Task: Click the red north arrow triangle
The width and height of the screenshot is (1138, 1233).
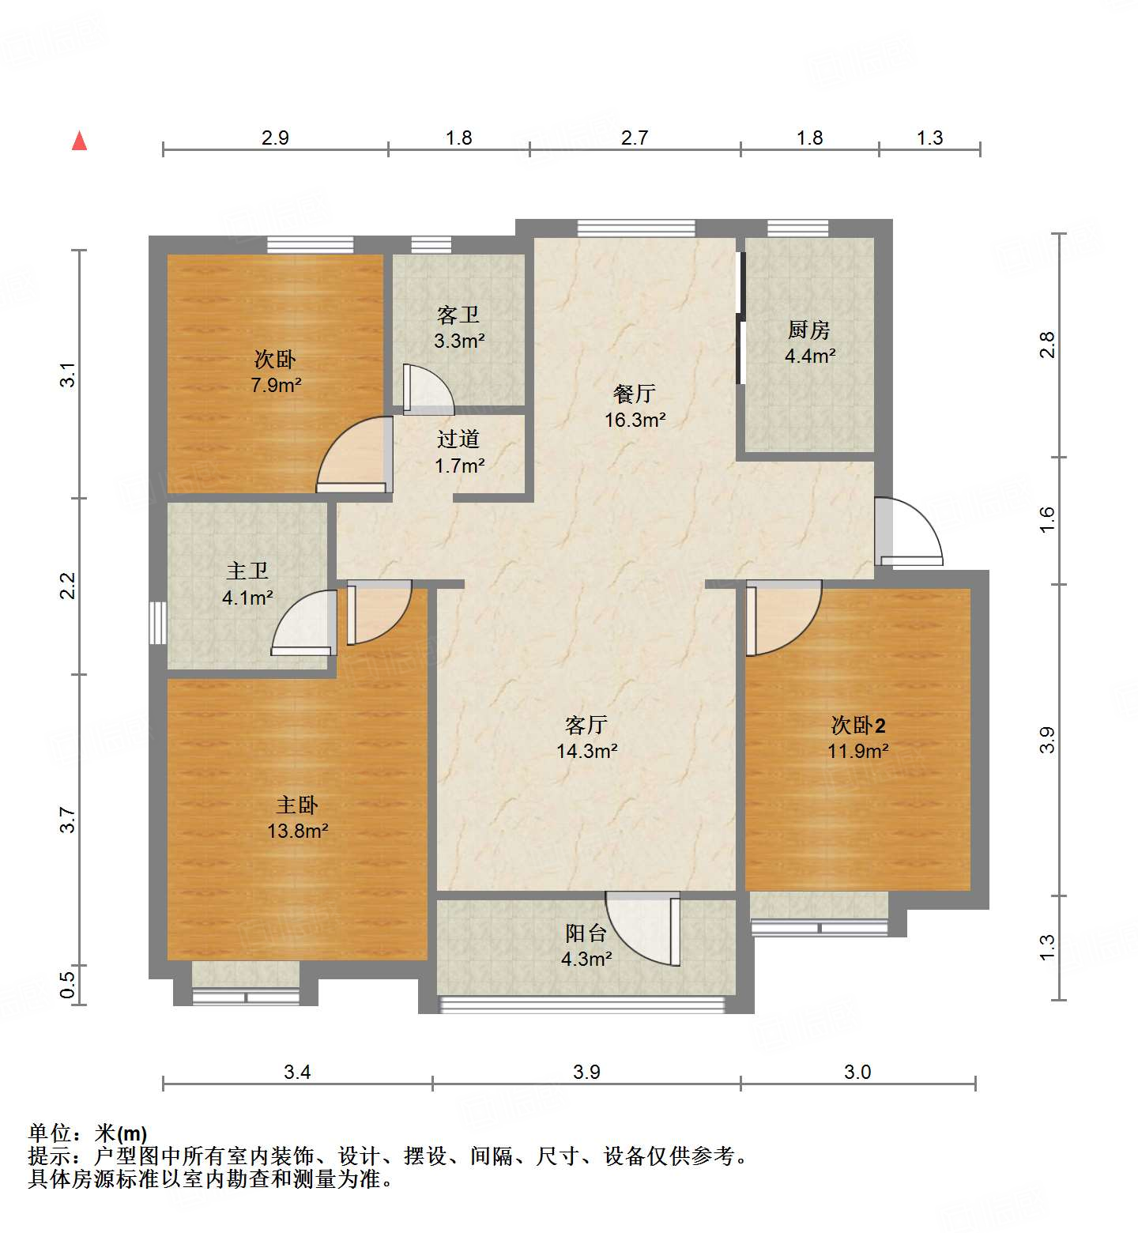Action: pyautogui.click(x=79, y=141)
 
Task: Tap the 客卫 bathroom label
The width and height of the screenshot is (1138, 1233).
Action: pyautogui.click(x=458, y=315)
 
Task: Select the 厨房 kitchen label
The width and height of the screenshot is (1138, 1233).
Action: pyautogui.click(x=809, y=330)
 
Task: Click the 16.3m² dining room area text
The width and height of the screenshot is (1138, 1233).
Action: pyautogui.click(x=635, y=420)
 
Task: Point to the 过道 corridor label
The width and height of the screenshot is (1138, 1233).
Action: pyautogui.click(x=458, y=439)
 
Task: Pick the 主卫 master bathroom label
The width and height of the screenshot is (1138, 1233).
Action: pyautogui.click(x=247, y=571)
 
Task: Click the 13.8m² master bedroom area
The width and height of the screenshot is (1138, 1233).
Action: pyautogui.click(x=297, y=831)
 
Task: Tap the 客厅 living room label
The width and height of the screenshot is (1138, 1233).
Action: pyautogui.click(x=586, y=725)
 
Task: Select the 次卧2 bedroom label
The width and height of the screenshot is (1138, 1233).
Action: pyautogui.click(x=857, y=725)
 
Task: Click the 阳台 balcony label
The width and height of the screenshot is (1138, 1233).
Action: pyautogui.click(x=586, y=933)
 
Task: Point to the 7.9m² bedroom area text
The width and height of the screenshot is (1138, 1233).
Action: pyautogui.click(x=276, y=386)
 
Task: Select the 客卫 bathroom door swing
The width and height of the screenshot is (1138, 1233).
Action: pyautogui.click(x=427, y=390)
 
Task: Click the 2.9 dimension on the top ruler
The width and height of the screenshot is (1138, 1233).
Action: pyautogui.click(x=275, y=138)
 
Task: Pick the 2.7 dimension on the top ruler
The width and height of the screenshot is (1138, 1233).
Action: pyautogui.click(x=634, y=138)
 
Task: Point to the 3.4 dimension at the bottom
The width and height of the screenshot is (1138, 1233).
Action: pyautogui.click(x=297, y=1072)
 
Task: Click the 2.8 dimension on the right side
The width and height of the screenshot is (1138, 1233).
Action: pyautogui.click(x=1047, y=345)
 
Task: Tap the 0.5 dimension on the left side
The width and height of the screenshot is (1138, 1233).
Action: pyautogui.click(x=68, y=985)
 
